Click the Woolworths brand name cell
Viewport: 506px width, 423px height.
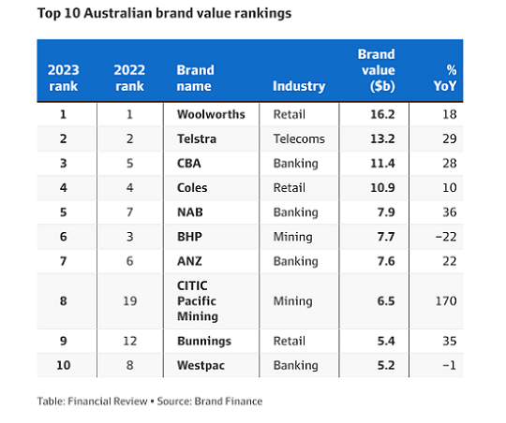click(211, 114)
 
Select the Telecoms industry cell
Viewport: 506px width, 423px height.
click(299, 139)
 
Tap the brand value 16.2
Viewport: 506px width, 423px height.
click(382, 114)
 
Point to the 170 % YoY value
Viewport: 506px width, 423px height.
click(446, 301)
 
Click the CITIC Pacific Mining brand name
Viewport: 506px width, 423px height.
click(198, 300)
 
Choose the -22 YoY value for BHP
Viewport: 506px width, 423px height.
click(446, 237)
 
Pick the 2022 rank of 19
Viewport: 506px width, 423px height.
click(130, 301)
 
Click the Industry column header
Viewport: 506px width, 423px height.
click(299, 86)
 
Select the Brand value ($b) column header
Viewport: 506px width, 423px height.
click(377, 70)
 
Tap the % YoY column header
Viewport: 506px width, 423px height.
click(445, 78)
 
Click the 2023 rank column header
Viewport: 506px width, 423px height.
click(64, 78)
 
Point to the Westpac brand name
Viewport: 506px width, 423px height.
click(201, 365)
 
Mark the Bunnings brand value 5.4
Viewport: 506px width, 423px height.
click(386, 341)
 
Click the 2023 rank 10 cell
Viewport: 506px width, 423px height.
click(64, 365)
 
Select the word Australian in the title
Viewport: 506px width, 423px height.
click(118, 13)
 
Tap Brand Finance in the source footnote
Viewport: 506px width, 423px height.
click(229, 401)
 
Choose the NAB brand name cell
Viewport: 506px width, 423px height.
click(190, 212)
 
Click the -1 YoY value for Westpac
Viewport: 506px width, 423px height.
click(449, 365)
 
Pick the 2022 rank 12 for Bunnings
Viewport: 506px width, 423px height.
click(130, 341)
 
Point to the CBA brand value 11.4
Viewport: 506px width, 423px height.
click(382, 164)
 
